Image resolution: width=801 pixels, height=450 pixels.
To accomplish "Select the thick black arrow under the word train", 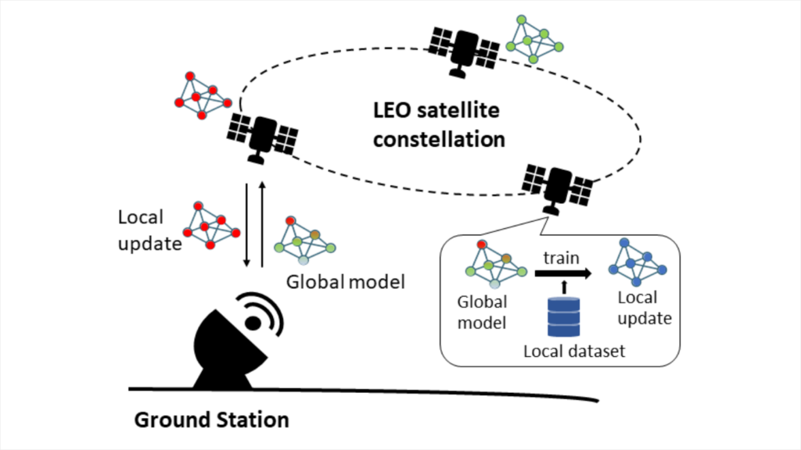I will [x=562, y=274].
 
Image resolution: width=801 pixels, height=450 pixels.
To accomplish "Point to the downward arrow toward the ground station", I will [x=247, y=226].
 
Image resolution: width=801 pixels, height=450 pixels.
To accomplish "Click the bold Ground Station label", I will [x=212, y=420].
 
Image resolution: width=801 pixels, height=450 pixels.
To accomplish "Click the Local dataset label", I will [x=574, y=351].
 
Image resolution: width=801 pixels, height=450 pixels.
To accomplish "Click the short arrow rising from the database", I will [x=563, y=290].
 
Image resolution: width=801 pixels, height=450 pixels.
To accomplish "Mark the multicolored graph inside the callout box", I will [x=494, y=264].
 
